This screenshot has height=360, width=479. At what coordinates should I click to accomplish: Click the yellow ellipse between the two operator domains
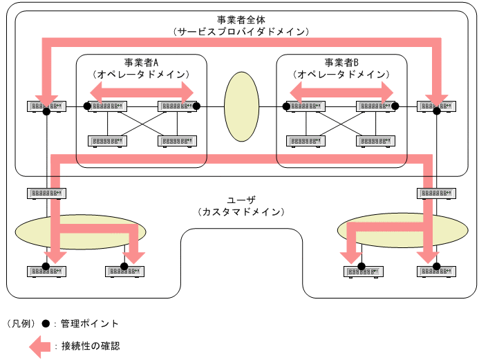point(241,106)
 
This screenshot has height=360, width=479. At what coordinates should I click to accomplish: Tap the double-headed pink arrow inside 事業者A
point(142,91)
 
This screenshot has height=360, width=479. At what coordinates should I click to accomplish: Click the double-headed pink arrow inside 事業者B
point(341,91)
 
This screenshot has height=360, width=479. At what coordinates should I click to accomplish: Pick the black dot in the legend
point(46,323)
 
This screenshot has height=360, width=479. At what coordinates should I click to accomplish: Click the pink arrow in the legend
point(41,345)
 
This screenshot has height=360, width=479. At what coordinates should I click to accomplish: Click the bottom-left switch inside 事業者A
point(107,141)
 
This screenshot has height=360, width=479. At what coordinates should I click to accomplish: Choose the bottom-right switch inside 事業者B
point(375,141)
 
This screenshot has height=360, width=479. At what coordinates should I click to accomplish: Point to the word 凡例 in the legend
point(21,323)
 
